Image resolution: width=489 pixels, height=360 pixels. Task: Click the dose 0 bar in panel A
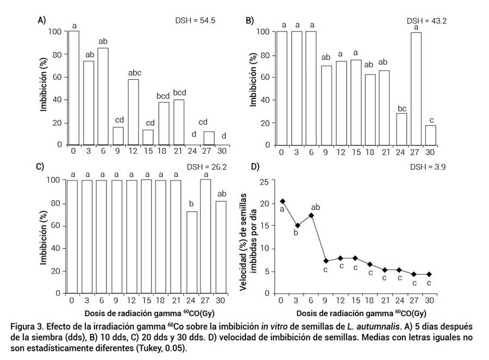[73, 88]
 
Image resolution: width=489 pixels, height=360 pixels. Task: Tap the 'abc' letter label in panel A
[133, 73]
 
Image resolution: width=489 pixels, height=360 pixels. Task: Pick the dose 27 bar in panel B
[416, 89]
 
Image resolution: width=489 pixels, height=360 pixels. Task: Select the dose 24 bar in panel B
[402, 129]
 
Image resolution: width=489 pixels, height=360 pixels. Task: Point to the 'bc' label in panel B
[402, 109]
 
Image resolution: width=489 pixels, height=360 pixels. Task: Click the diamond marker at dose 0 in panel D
[283, 201]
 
